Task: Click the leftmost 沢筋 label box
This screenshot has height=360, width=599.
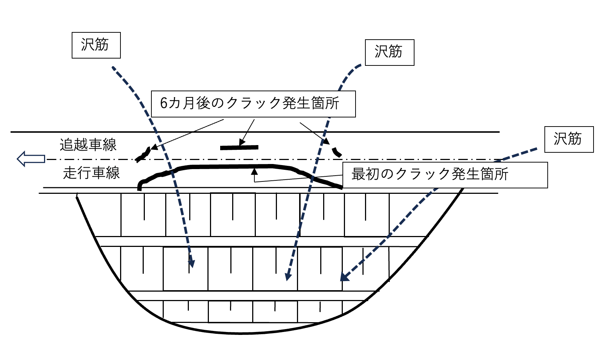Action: click(x=96, y=45)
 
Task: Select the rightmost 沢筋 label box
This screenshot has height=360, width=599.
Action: click(x=568, y=139)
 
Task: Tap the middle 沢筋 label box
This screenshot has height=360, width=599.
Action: click(x=389, y=52)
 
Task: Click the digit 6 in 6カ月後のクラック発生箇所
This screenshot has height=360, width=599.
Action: click(x=164, y=104)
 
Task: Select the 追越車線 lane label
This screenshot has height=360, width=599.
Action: click(x=88, y=145)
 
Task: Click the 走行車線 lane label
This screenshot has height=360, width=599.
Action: click(x=91, y=173)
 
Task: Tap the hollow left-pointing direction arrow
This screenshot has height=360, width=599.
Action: click(x=31, y=159)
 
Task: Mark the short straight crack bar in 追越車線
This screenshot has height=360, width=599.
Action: click(x=239, y=148)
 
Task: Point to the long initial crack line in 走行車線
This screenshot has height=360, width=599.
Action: click(x=233, y=167)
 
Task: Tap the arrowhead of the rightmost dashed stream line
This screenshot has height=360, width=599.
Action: click(x=344, y=277)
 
